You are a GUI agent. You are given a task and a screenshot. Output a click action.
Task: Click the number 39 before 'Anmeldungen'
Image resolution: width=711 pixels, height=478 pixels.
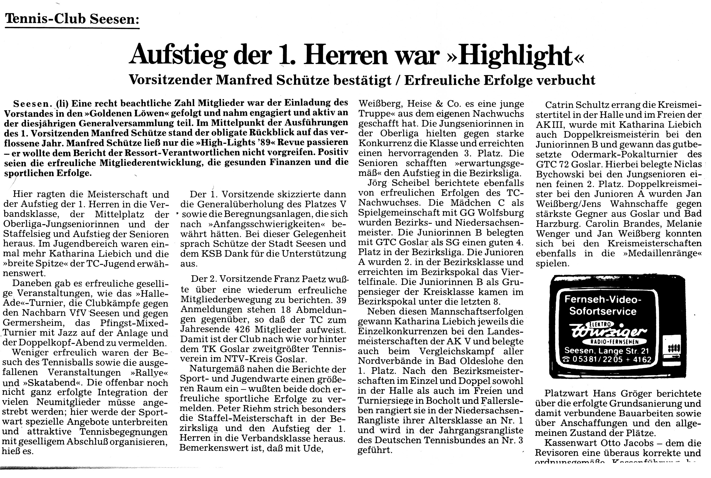341,300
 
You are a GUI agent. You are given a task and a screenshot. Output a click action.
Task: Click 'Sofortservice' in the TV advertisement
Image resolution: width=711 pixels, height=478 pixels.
603,311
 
